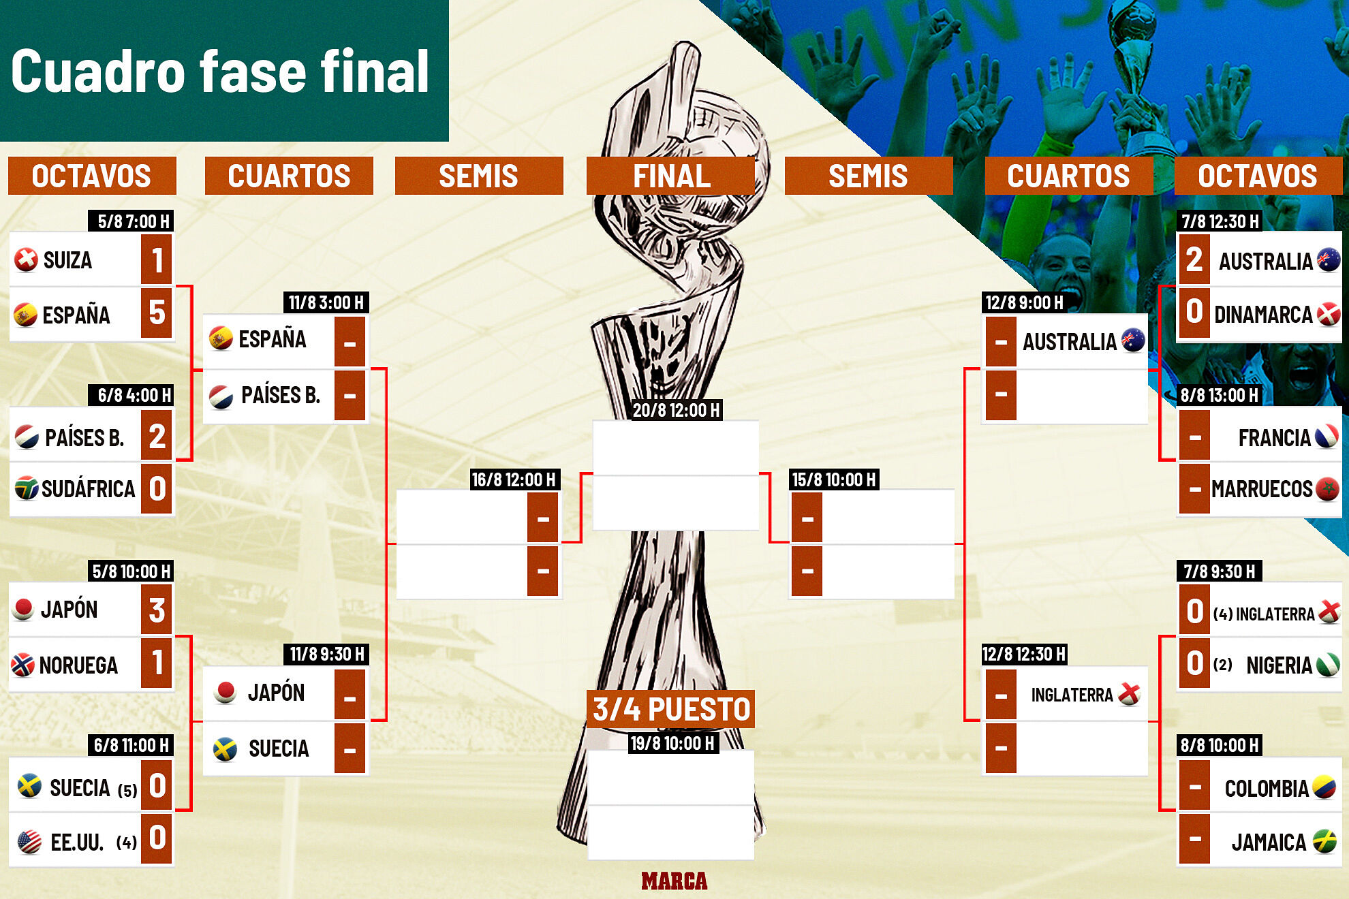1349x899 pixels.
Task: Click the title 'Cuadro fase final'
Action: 220,72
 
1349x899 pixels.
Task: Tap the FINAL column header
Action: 671,176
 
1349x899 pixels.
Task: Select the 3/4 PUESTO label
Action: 671,709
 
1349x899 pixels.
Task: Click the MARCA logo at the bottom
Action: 674,881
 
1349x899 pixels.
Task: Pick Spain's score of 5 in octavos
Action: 157,313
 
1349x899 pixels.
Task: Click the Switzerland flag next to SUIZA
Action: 26,259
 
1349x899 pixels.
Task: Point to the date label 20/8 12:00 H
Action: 676,410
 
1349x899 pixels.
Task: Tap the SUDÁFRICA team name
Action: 88,489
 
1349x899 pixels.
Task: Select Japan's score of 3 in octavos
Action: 157,610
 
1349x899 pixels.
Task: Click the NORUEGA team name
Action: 78,665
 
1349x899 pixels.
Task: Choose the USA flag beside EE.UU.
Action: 29,842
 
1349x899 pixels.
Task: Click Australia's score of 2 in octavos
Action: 1194,259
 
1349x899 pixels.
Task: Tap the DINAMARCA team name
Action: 1263,315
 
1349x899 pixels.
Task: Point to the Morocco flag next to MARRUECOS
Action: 1327,489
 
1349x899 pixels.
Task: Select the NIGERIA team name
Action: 1279,665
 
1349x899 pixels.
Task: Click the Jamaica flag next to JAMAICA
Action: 1325,842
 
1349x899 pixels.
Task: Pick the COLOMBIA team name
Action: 1267,789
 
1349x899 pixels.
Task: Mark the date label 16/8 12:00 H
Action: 514,479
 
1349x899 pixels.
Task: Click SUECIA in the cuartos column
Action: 279,748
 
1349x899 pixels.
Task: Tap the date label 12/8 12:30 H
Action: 1023,654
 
